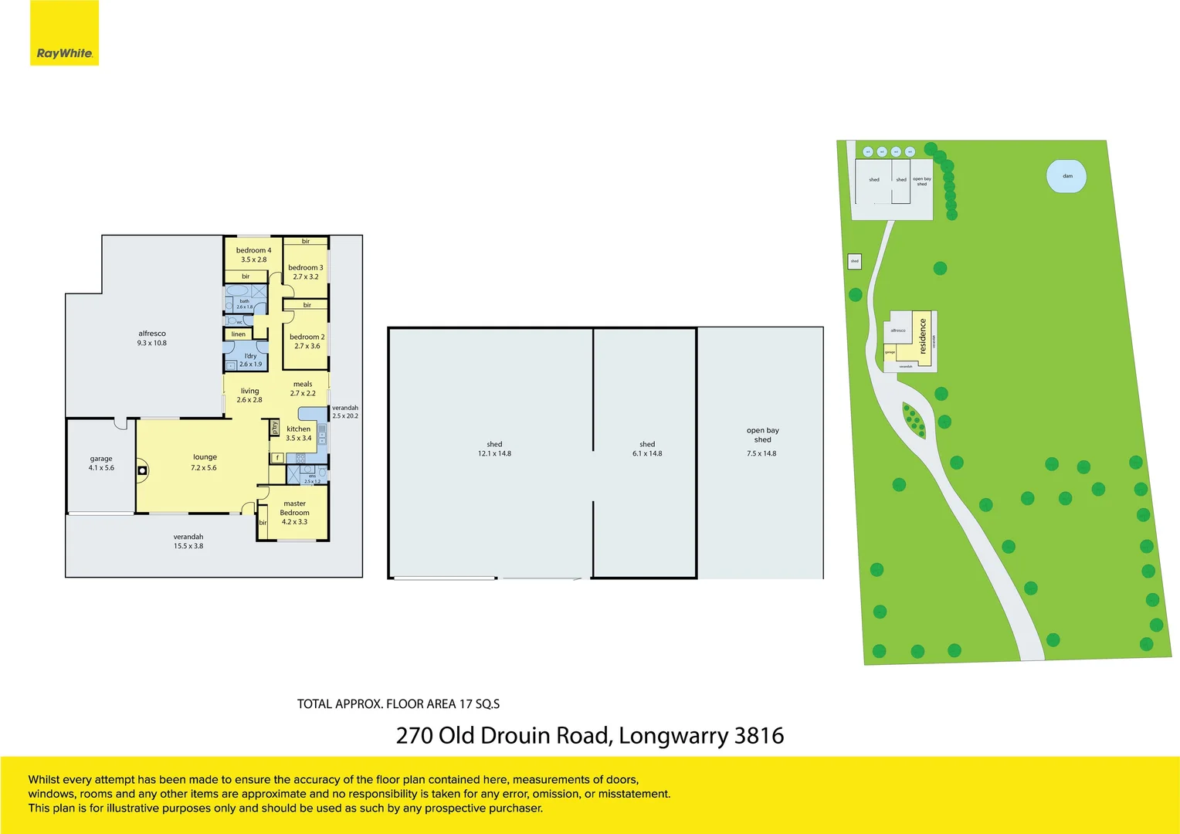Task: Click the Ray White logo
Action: click(x=64, y=53)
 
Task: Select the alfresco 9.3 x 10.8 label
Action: click(x=152, y=338)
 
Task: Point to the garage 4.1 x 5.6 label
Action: click(x=101, y=463)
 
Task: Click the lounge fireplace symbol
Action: click(x=142, y=470)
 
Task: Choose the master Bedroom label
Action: click(x=294, y=508)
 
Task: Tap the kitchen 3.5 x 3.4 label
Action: click(x=299, y=433)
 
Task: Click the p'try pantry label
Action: click(x=275, y=427)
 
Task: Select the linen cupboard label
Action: click(x=239, y=334)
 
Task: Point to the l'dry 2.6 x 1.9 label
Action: click(x=250, y=360)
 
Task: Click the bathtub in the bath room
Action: click(x=237, y=291)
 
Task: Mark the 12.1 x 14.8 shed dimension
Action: click(x=494, y=453)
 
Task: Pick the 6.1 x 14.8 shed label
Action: click(x=647, y=449)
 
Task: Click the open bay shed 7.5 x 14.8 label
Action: click(x=762, y=442)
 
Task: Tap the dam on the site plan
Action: click(x=1066, y=176)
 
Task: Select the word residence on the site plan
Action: click(x=922, y=337)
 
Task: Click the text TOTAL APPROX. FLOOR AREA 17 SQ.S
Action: click(x=398, y=703)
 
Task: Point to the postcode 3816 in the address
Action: click(x=759, y=735)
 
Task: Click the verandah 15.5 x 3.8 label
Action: click(x=188, y=541)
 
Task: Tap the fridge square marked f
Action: click(x=277, y=458)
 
